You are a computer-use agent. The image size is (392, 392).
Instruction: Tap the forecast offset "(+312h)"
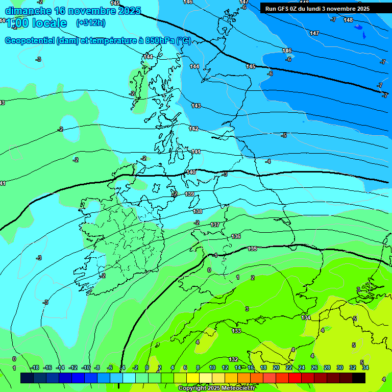pos(90,23)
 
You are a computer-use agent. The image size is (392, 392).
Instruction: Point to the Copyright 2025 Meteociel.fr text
pos(216,388)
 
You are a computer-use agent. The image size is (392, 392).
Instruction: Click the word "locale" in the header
pos(49,23)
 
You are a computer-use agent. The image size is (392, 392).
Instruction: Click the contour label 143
pos(196,106)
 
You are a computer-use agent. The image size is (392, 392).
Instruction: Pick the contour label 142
pos(193,129)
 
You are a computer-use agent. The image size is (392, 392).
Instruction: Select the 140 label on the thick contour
pos(191,173)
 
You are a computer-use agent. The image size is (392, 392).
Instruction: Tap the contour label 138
pos(198,211)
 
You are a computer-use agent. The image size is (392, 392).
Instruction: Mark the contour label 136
pos(236,236)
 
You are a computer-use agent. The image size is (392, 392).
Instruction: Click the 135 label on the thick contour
pos(252,249)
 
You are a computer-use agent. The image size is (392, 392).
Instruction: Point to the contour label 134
pos(306,317)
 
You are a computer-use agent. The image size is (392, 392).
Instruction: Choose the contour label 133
pos(236,331)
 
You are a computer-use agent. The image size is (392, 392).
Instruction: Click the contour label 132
pos(233,359)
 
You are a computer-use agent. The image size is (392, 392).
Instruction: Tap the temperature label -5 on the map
pos(284,135)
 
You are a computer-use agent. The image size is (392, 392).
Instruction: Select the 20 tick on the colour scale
pos(276,367)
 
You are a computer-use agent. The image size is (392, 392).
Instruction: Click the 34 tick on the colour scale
pos(365,367)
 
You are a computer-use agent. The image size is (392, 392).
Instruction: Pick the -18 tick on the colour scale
pos(35,367)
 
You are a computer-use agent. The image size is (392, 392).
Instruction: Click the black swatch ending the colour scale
pos(359,378)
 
